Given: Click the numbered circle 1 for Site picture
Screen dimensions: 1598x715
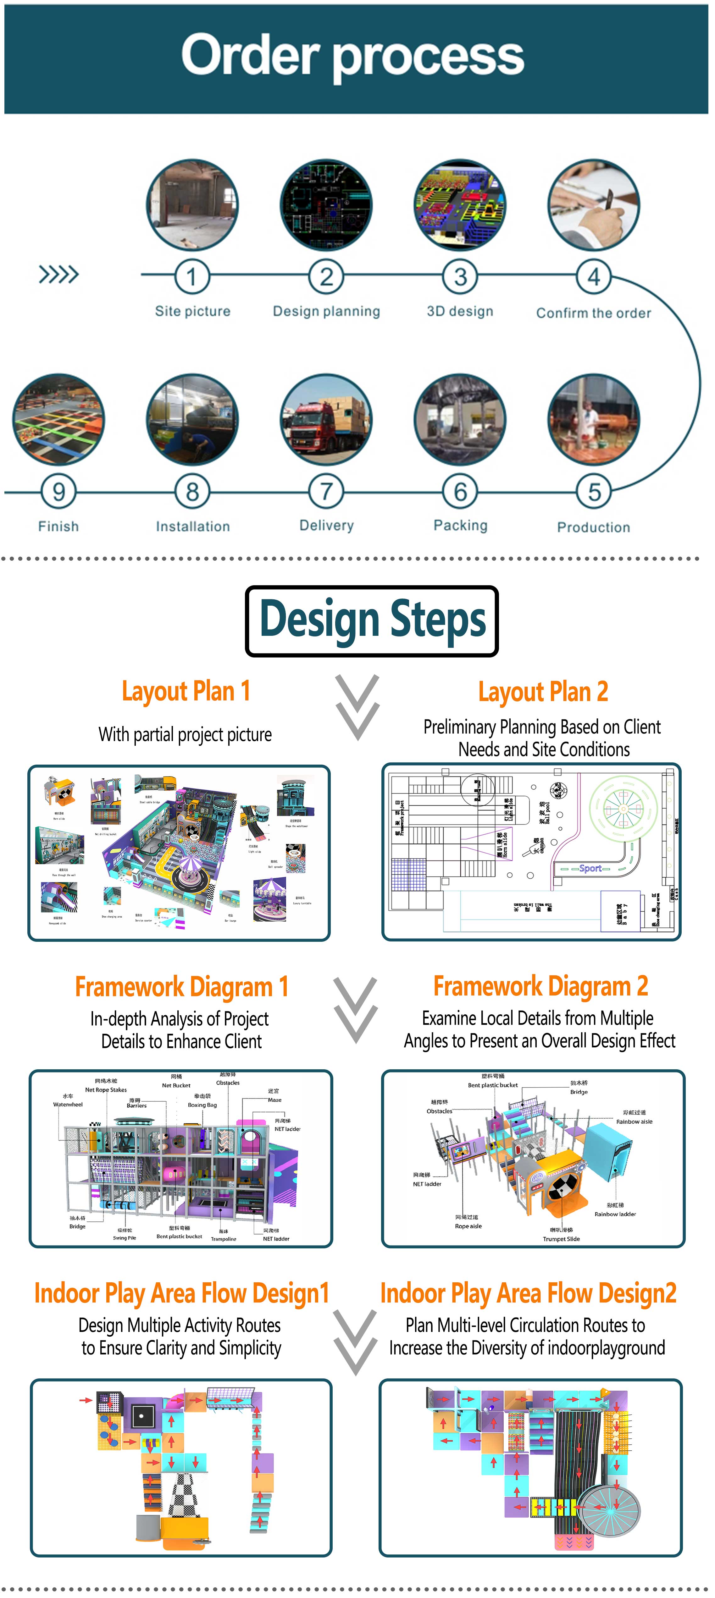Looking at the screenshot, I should (192, 277).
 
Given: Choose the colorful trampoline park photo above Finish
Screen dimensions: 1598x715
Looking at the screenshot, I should (58, 420).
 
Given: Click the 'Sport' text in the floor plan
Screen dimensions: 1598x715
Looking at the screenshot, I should (590, 869).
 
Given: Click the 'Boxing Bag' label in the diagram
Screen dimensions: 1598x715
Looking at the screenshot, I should (202, 1105).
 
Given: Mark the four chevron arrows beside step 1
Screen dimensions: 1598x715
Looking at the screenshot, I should (59, 274).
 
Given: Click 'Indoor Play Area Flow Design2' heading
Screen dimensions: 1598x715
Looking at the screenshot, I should (528, 1293).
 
